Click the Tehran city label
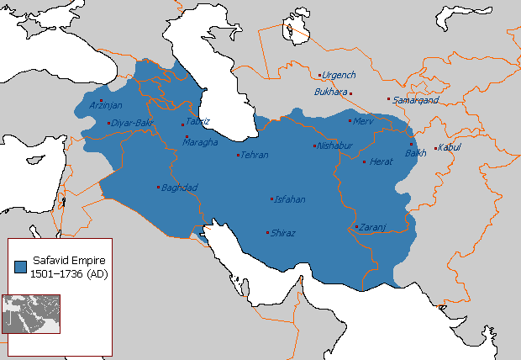(x=255, y=155)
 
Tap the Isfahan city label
(x=289, y=199)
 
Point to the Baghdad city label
(x=177, y=188)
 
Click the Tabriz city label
(x=198, y=121)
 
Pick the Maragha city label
(x=202, y=141)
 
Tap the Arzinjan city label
(x=107, y=106)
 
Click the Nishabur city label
(x=334, y=146)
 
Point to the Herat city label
(x=382, y=161)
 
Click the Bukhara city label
(x=330, y=92)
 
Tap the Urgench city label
(x=339, y=75)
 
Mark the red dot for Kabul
(x=434, y=149)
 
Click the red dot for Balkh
(x=411, y=144)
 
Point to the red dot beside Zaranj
(x=356, y=226)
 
